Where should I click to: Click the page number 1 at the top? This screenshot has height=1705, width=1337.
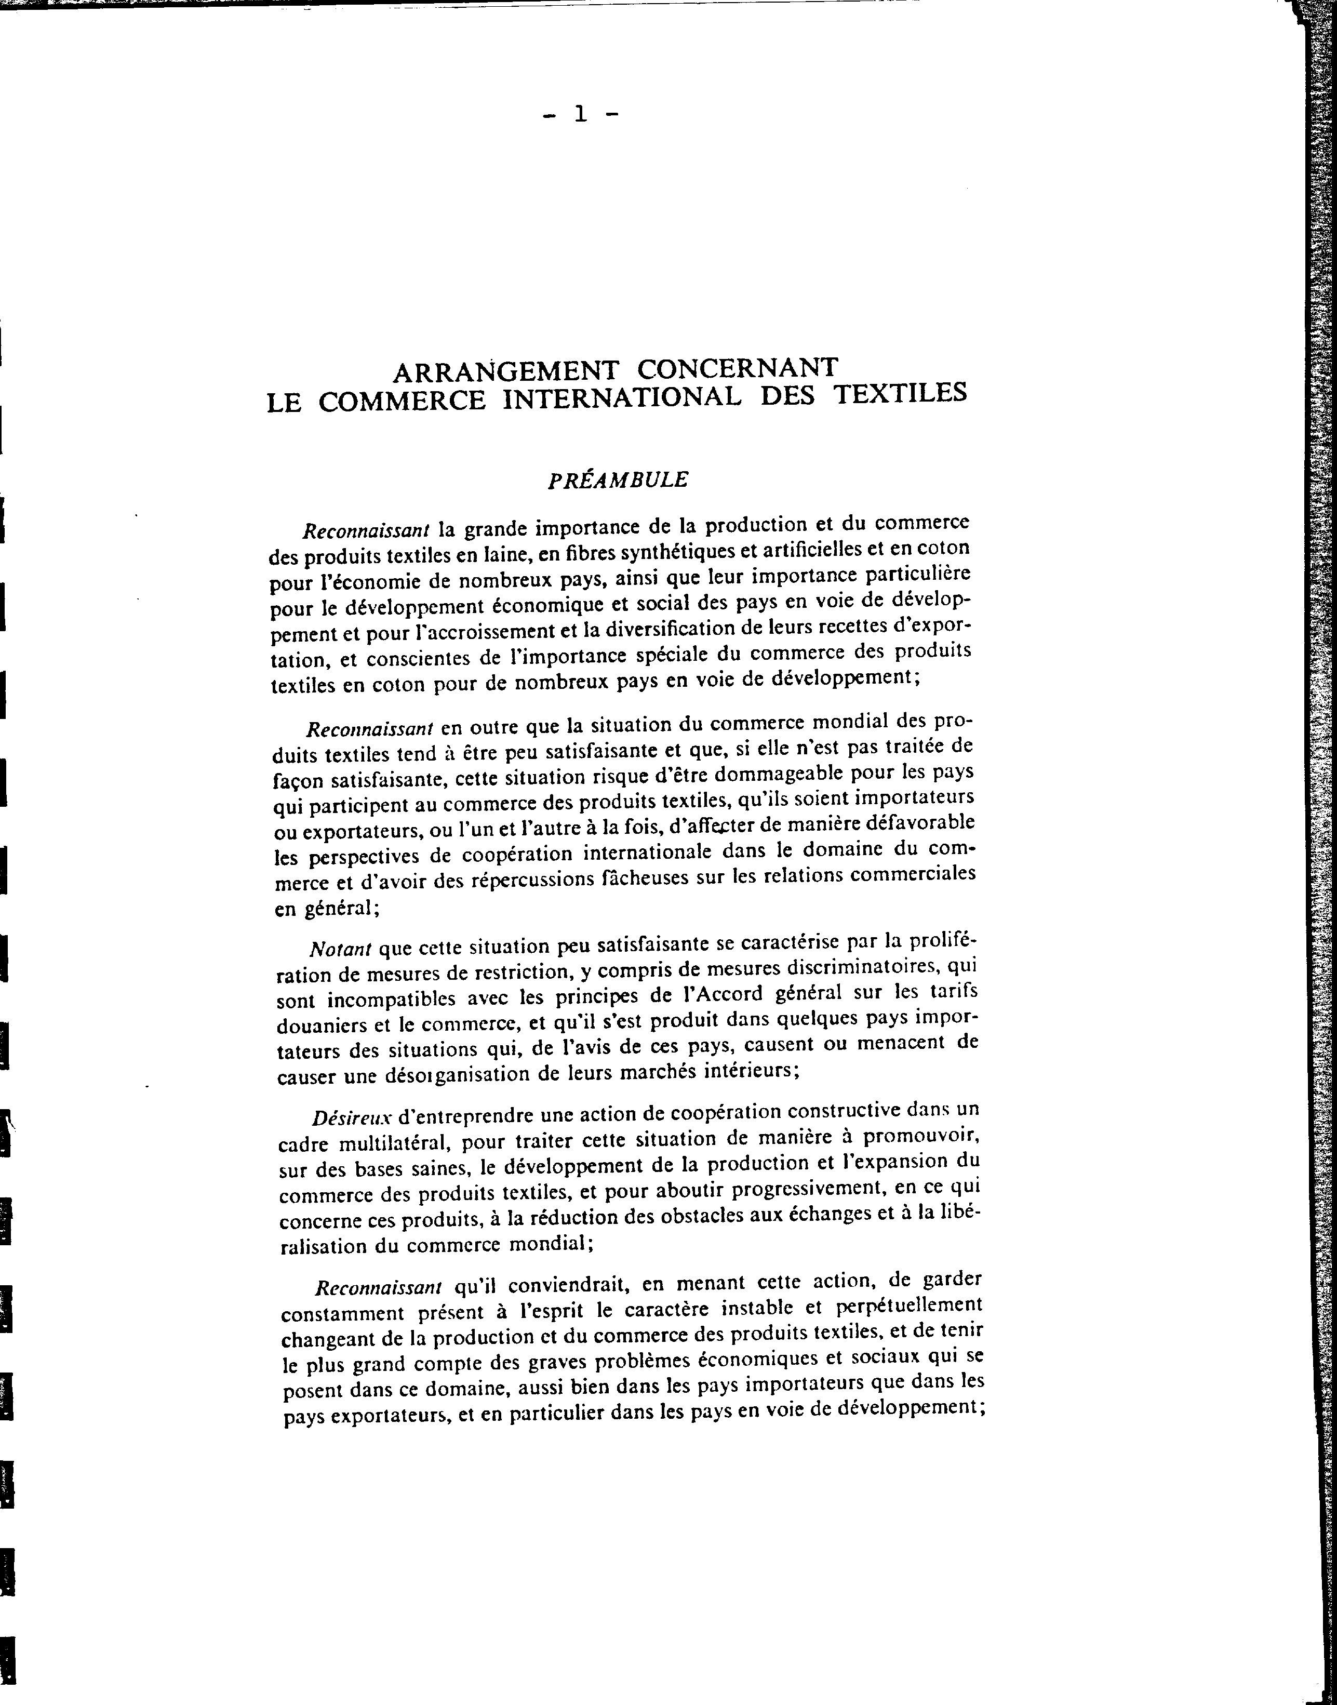pos(580,115)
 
